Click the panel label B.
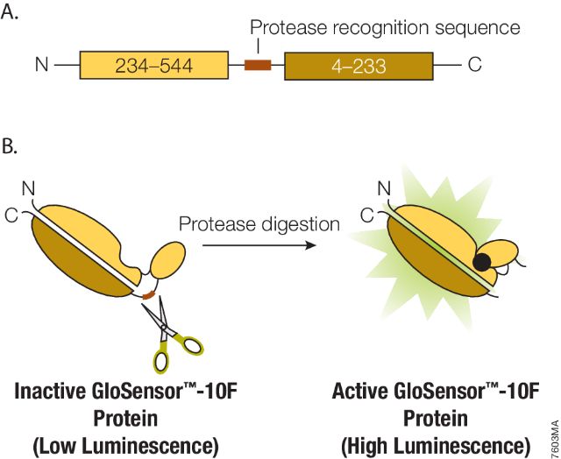11,145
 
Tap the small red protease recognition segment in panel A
258,65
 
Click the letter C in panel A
474,65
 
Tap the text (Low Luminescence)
125,444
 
